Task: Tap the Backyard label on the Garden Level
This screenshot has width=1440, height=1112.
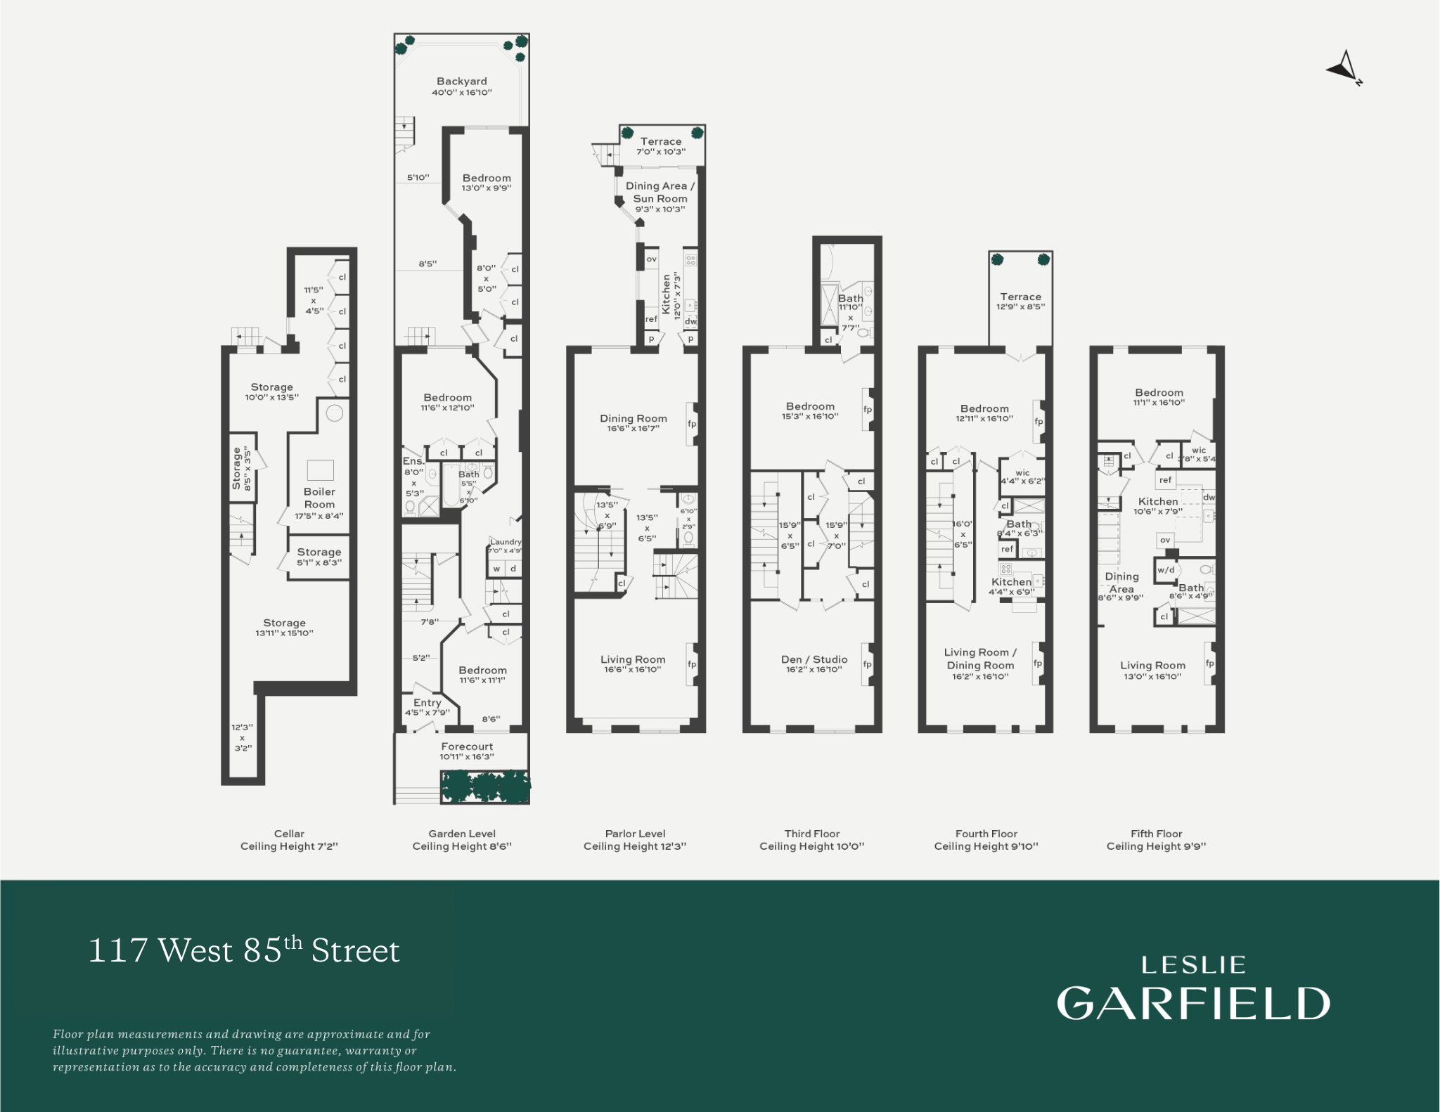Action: (461, 82)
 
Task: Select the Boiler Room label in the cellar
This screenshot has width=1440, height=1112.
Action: (319, 498)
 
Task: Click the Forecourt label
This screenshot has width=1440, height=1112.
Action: (467, 746)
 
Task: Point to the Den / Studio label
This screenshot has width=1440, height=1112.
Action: (814, 659)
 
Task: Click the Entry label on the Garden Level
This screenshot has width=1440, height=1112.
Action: (427, 702)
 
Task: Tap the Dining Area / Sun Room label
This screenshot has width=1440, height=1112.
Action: (660, 192)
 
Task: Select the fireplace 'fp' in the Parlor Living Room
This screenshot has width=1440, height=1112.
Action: (692, 664)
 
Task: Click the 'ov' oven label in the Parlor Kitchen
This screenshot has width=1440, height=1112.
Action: (651, 259)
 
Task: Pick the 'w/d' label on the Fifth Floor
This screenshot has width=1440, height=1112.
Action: (1165, 570)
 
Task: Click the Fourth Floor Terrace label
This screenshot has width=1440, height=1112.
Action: (1020, 297)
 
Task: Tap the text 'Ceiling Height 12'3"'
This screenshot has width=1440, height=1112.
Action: (634, 846)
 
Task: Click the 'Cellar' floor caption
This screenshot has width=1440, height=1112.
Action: (289, 834)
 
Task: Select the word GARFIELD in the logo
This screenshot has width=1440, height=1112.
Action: (1193, 1003)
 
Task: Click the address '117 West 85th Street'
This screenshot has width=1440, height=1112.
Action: (243, 950)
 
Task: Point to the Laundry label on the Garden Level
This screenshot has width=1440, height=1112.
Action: (506, 542)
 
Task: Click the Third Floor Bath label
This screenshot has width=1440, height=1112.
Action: (850, 298)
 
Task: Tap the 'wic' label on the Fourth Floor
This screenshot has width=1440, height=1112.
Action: (1022, 472)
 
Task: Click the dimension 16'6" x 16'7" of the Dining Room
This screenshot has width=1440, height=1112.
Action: (633, 428)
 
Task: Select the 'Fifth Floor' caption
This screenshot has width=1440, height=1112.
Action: (1156, 834)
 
